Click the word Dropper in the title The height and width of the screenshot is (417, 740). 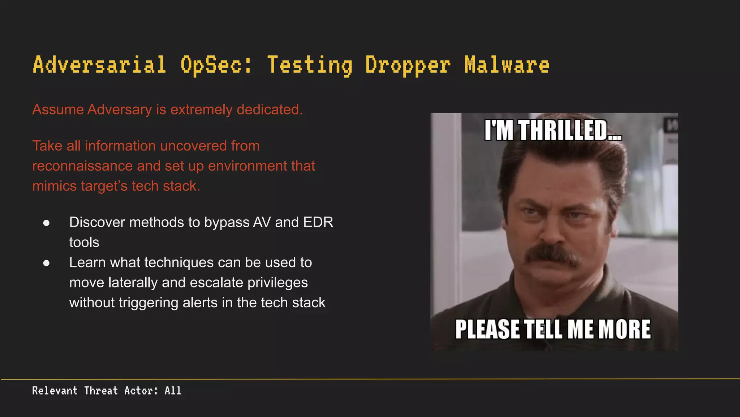(x=408, y=65)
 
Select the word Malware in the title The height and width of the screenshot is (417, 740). (x=507, y=65)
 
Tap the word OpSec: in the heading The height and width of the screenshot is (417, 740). (x=216, y=65)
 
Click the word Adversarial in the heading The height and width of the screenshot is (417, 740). (x=99, y=65)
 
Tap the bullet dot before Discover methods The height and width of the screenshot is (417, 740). (x=46, y=223)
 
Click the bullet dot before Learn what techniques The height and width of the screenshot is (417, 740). (x=46, y=263)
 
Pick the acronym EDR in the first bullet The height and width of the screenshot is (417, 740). (x=318, y=222)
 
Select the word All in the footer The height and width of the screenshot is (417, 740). (x=173, y=391)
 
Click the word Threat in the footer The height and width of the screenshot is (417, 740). (x=101, y=391)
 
